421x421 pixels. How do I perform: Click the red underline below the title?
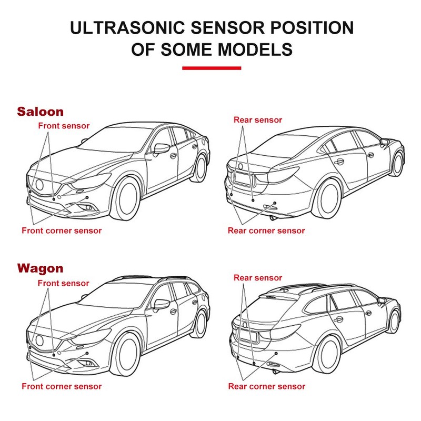pyautogui.click(x=212, y=68)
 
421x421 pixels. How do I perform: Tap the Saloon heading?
pyautogui.click(x=41, y=112)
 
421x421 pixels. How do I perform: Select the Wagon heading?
pyautogui.click(x=41, y=268)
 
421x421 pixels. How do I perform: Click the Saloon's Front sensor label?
pyautogui.click(x=64, y=126)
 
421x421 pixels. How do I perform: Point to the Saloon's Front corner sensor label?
pyautogui.click(x=62, y=230)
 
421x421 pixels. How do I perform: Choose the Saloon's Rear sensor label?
pyautogui.click(x=258, y=120)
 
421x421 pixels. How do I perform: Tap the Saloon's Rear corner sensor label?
pyautogui.click(x=266, y=230)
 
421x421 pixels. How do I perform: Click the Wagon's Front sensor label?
pyautogui.click(x=63, y=283)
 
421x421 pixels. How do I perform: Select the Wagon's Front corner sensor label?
pyautogui.click(x=62, y=386)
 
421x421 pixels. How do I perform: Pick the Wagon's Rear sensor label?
pyautogui.click(x=258, y=278)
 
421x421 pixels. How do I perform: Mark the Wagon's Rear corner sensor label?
pyautogui.click(x=267, y=386)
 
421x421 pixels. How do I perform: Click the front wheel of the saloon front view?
pyautogui.click(x=126, y=198)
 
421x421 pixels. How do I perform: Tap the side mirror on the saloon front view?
pyautogui.click(x=161, y=148)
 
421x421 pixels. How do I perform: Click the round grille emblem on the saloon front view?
pyautogui.click(x=39, y=185)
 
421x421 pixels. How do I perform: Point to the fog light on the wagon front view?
pyautogui.click(x=88, y=363)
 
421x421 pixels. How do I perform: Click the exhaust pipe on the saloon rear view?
pyautogui.click(x=273, y=218)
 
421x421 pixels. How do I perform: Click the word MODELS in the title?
pyautogui.click(x=255, y=49)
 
